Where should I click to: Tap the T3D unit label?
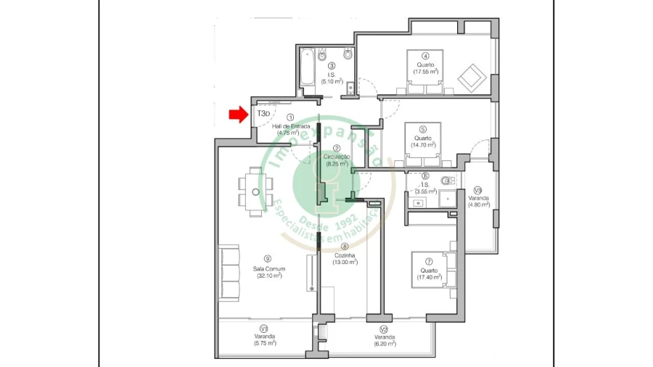pyautogui.click(x=263, y=114)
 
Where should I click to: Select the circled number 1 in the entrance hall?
pyautogui.click(x=289, y=117)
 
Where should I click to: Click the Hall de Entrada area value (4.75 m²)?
pyautogui.click(x=290, y=133)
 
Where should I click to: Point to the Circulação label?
pyautogui.click(x=337, y=157)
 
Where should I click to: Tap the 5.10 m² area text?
pyautogui.click(x=331, y=81)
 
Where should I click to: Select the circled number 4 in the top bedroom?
pyautogui.click(x=425, y=56)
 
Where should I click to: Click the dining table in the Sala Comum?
pyautogui.click(x=255, y=191)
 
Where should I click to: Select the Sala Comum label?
pyautogui.click(x=268, y=269)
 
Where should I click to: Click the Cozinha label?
pyautogui.click(x=345, y=255)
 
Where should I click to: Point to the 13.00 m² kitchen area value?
pyautogui.click(x=345, y=263)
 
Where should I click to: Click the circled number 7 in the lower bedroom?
pyautogui.click(x=429, y=261)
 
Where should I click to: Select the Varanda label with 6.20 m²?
pyautogui.click(x=385, y=337)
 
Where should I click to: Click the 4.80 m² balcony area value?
pyautogui.click(x=479, y=205)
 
